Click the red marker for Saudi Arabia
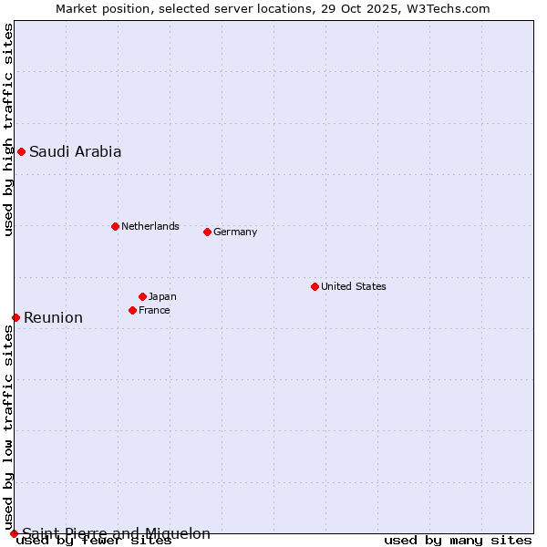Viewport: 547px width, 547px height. click(21, 151)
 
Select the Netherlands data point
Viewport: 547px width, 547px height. click(115, 226)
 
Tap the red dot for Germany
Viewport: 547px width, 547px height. click(207, 232)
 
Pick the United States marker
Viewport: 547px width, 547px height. click(315, 286)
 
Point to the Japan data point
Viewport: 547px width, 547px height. click(142, 296)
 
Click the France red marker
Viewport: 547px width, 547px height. click(132, 310)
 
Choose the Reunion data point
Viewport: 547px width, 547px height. click(15, 317)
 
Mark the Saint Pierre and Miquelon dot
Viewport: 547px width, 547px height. click(14, 533)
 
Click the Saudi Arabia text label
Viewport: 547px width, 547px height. click(75, 151)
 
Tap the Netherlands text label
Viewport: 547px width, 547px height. click(150, 226)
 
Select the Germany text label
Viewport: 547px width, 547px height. click(235, 232)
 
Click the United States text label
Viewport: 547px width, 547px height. click(354, 286)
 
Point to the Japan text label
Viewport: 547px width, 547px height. click(162, 296)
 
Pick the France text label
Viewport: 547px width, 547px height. click(154, 310)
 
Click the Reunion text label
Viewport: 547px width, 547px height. click(53, 317)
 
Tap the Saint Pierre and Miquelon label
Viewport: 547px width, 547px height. click(116, 533)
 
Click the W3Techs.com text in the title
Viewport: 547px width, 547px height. click(447, 8)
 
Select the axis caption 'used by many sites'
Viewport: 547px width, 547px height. click(458, 541)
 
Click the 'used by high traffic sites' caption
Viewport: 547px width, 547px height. click(8, 129)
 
